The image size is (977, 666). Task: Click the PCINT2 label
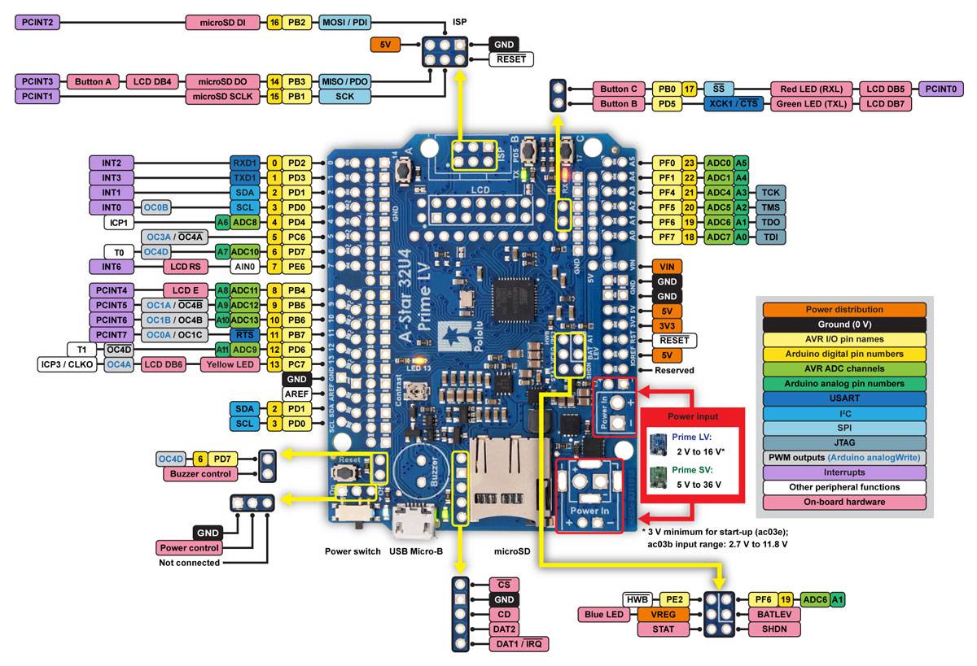click(x=37, y=22)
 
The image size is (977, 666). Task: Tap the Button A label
click(x=93, y=81)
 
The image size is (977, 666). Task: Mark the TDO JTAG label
click(x=770, y=222)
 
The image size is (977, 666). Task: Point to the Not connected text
click(x=189, y=563)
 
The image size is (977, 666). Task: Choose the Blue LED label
click(x=604, y=614)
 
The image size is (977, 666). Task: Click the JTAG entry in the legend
click(x=843, y=442)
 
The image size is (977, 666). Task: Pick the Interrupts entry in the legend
click(x=843, y=472)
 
